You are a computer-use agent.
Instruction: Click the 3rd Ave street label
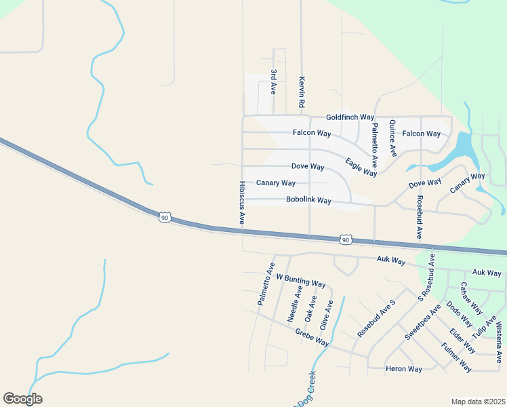pyautogui.click(x=274, y=81)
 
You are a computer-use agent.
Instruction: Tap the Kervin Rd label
pyautogui.click(x=302, y=92)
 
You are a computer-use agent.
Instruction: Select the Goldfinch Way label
pyautogui.click(x=350, y=117)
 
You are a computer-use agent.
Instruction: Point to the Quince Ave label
pyautogui.click(x=392, y=138)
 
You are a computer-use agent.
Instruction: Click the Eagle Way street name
pyautogui.click(x=361, y=167)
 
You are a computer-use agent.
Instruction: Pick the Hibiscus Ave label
pyautogui.click(x=242, y=203)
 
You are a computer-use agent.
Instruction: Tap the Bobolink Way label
pyautogui.click(x=308, y=200)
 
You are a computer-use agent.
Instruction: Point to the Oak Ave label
pyautogui.click(x=310, y=308)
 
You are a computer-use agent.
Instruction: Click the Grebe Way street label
pyautogui.click(x=312, y=337)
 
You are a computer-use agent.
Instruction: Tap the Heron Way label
pyautogui.click(x=403, y=369)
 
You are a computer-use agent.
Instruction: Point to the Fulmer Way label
pyautogui.click(x=456, y=357)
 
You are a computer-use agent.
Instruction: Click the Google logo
pyautogui.click(x=22, y=398)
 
